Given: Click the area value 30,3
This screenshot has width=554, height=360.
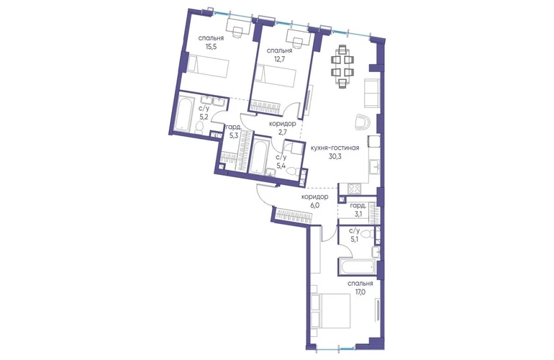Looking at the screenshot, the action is (x=335, y=157).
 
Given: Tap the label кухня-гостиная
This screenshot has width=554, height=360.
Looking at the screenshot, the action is (x=335, y=148).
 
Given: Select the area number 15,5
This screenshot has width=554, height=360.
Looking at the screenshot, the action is (x=211, y=45).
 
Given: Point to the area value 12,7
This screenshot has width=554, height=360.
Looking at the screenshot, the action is (x=279, y=59).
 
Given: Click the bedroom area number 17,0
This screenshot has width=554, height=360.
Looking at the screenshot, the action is (x=360, y=292).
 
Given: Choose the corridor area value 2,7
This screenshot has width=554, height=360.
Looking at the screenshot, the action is (x=282, y=132).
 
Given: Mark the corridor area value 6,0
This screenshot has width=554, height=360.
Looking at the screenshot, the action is (x=315, y=205).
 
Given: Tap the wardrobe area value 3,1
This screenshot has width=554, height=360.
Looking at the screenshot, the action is (x=358, y=214).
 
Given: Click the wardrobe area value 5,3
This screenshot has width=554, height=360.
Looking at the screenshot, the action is (x=233, y=135).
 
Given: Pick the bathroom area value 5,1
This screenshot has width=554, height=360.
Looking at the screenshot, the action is (x=354, y=240).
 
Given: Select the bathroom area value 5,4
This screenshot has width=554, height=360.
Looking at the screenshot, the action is (x=281, y=165).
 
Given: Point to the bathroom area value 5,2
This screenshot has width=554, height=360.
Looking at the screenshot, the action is (x=203, y=116).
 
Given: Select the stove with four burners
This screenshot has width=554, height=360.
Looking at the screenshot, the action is (x=354, y=189).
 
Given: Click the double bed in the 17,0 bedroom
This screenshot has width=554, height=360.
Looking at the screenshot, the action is (x=330, y=311).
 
